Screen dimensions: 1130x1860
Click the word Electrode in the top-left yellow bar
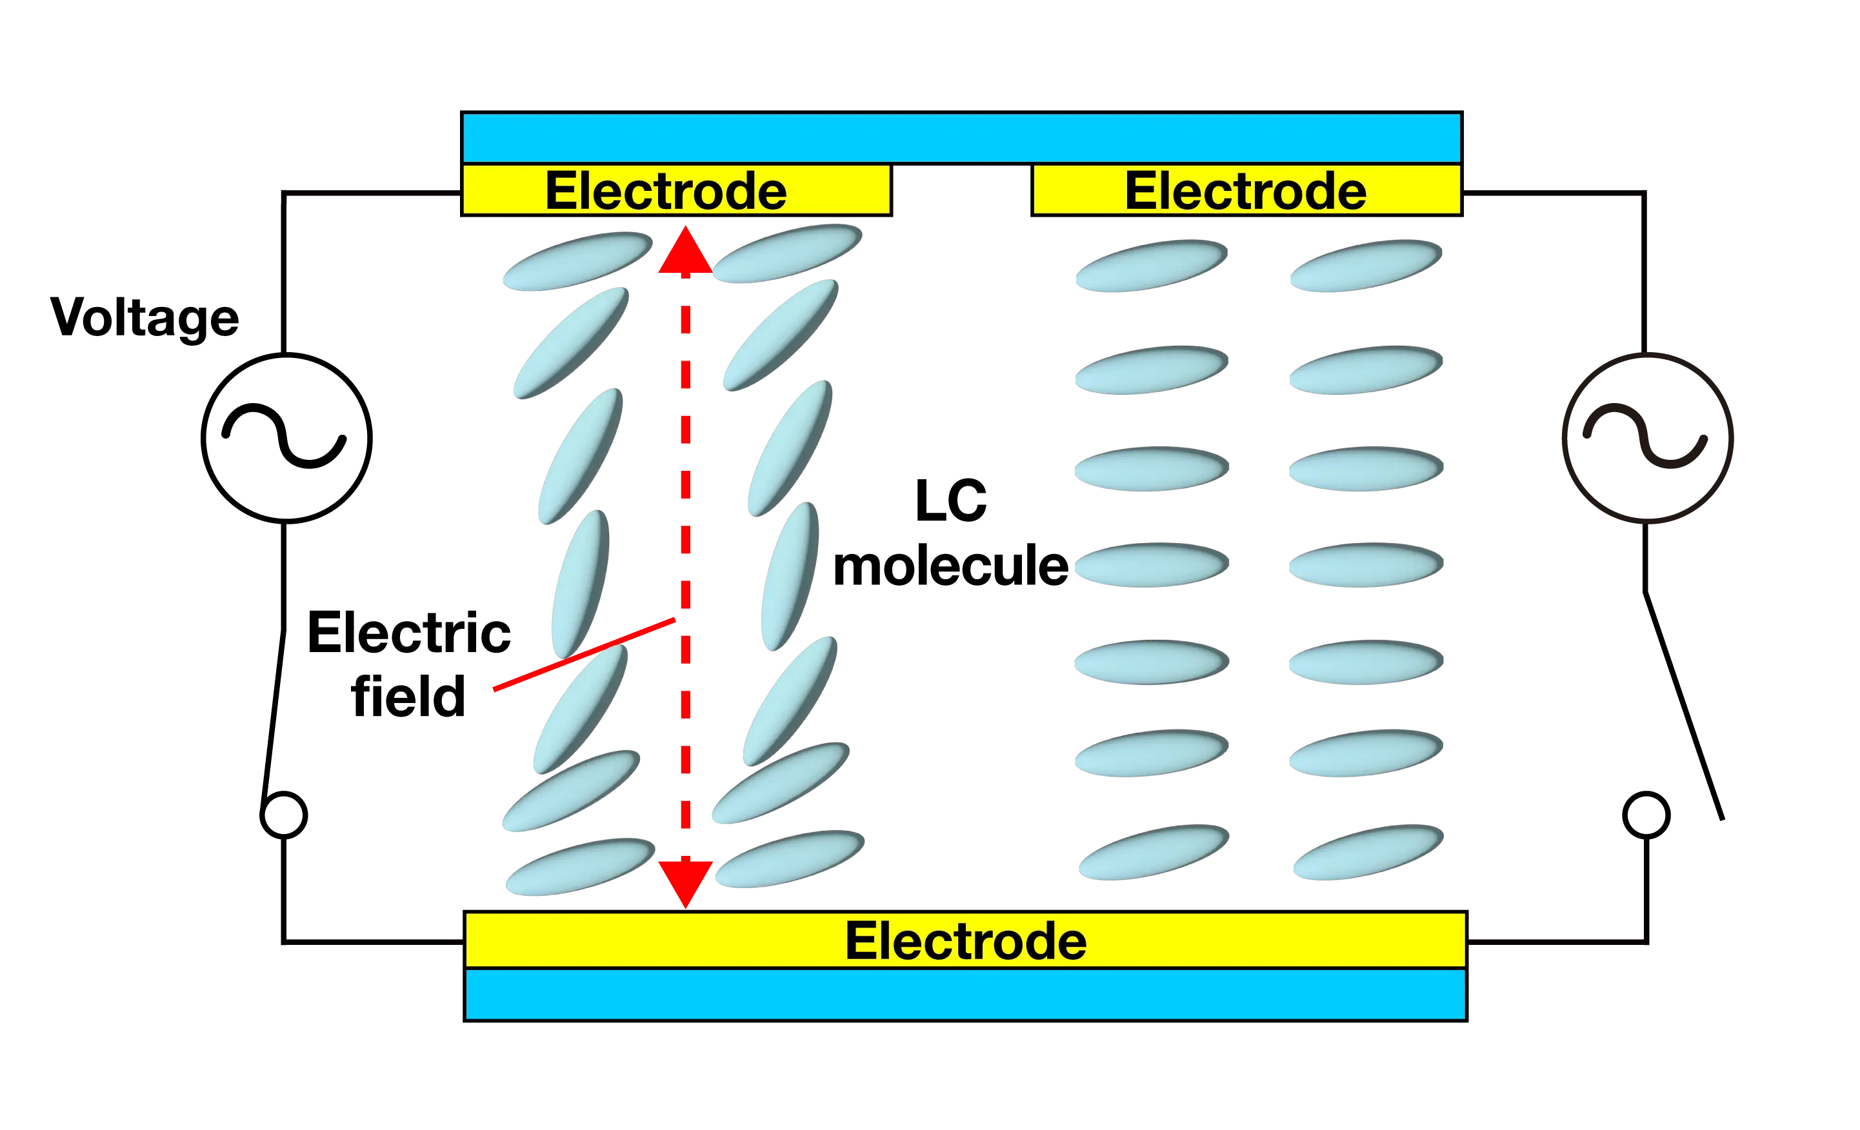coord(666,190)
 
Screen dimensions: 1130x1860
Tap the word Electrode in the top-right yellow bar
coord(1246,190)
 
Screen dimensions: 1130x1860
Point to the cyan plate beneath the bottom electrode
coord(965,994)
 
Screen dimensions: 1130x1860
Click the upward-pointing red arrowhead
coord(685,251)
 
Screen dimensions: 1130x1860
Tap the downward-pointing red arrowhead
coord(685,882)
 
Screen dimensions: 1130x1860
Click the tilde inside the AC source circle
coord(1645,438)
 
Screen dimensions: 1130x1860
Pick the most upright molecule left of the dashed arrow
coord(580,583)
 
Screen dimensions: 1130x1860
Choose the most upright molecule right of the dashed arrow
coord(790,575)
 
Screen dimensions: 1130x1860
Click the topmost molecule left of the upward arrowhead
coord(577,261)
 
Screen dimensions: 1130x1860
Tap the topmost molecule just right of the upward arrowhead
coord(787,252)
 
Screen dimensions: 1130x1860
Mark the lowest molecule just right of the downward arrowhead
coord(790,859)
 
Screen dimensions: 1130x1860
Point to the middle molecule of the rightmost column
coord(1365,564)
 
